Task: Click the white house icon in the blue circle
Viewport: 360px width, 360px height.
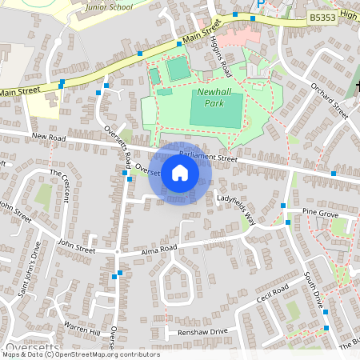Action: coord(180,173)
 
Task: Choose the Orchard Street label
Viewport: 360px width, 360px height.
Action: coord(329,100)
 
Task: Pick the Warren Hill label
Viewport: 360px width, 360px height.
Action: coord(82,329)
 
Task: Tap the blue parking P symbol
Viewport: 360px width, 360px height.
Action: coord(260,5)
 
